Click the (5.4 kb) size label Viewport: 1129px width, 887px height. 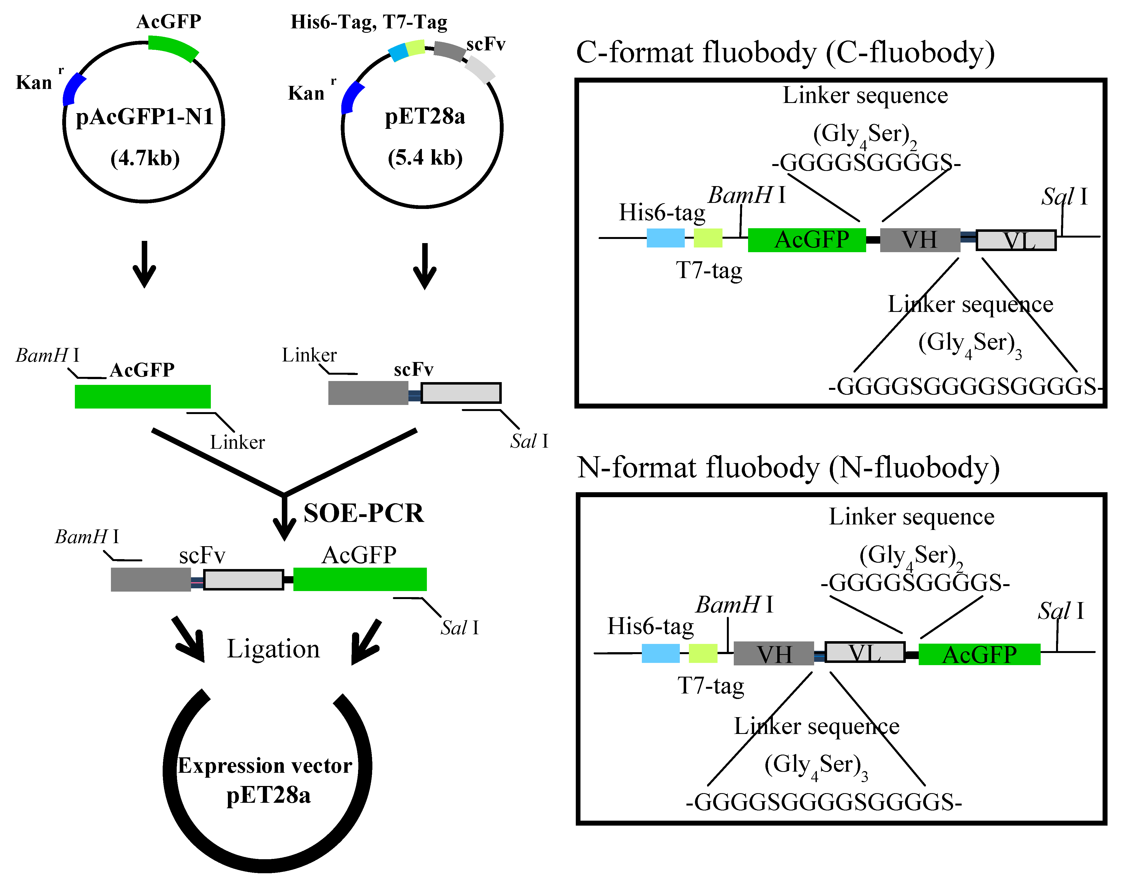425,157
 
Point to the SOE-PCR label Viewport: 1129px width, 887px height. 363,513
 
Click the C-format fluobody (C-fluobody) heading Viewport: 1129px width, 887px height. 785,53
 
